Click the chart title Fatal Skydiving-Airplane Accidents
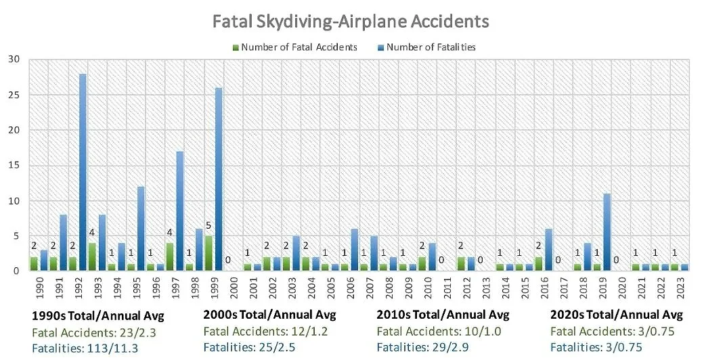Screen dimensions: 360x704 (x=351, y=21)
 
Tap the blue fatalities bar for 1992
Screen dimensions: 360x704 (x=83, y=173)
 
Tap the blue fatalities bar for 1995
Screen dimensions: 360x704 (x=141, y=229)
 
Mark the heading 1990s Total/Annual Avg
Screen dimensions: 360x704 (x=98, y=315)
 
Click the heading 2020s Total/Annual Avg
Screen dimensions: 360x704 (x=616, y=315)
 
